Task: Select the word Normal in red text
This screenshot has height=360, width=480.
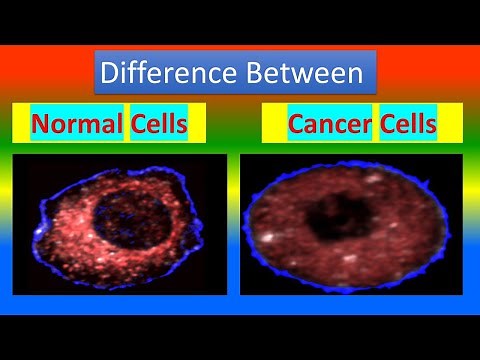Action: point(77,125)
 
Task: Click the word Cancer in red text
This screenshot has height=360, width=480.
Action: point(329,125)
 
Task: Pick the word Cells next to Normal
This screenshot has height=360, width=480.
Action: point(159,125)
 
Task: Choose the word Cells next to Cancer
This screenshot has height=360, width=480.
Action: point(408,125)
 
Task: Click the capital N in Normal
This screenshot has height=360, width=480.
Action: point(39,125)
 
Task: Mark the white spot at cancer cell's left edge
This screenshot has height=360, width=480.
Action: point(268,239)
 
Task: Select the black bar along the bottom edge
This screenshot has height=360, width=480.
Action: point(240,335)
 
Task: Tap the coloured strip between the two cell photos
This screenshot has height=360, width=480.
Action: point(234,225)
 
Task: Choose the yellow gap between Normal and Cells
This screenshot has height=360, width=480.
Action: point(127,125)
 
